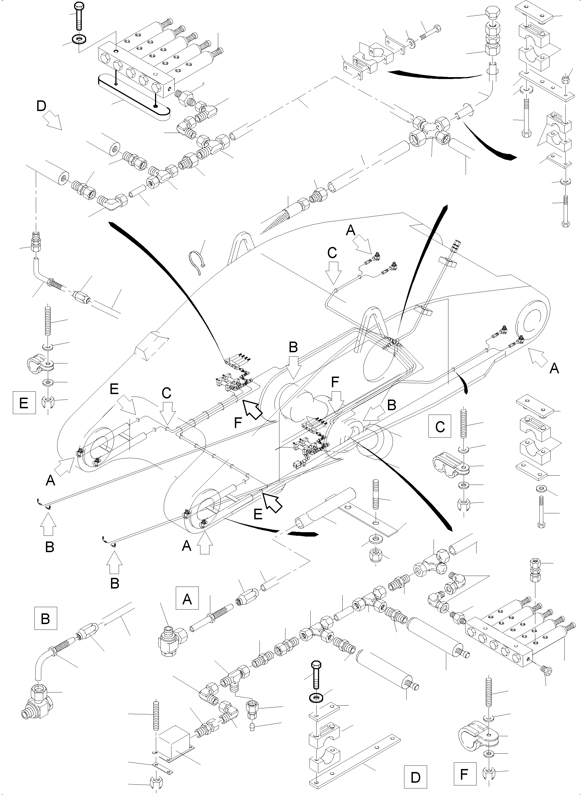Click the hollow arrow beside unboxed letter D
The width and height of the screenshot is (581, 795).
pos(54,121)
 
